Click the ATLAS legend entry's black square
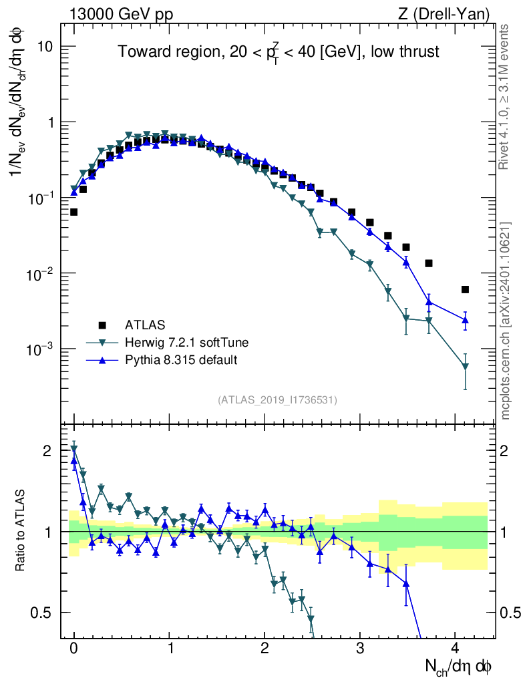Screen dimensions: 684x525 click(102, 325)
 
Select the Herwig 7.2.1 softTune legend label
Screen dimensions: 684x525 click(186, 343)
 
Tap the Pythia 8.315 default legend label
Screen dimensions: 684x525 click(181, 360)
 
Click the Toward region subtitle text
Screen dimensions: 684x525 click(279, 53)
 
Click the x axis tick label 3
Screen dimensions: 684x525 click(360, 648)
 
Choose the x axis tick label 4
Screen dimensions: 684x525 click(455, 648)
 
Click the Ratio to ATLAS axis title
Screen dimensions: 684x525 click(21, 532)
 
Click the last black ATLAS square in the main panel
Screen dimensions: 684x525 click(465, 289)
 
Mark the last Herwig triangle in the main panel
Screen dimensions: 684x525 click(465, 366)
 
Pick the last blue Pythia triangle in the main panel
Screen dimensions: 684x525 click(465, 321)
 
